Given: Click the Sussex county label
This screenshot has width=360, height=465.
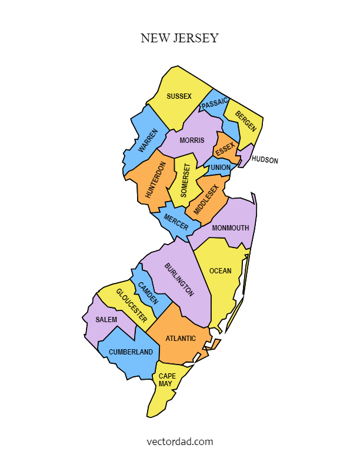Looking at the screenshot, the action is tap(179, 96).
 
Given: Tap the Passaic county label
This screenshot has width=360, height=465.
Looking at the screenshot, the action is tap(214, 104).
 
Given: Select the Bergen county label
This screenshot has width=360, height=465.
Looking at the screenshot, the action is tap(246, 121).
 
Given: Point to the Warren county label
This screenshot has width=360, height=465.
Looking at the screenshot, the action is tap(148, 141).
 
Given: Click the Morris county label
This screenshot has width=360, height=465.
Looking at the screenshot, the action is tap(192, 140).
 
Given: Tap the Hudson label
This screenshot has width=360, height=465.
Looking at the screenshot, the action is tap(265, 160).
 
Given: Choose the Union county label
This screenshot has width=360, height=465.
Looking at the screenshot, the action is tap(221, 168).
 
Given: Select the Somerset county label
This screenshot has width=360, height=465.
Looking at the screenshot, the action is tap(185, 180).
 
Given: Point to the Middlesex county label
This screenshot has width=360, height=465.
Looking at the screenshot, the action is tap(206, 199).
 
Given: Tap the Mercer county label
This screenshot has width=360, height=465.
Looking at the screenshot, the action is tap(176, 223).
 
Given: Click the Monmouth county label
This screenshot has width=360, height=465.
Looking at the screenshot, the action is tap(231, 228).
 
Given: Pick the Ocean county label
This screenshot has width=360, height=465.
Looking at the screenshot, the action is tap(221, 271).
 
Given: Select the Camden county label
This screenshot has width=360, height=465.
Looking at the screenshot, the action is tap(148, 293).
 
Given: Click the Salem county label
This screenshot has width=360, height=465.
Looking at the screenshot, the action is tap(106, 320).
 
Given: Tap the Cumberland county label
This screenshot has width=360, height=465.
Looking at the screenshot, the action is tap(131, 352).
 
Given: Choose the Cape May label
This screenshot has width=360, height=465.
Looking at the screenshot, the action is tap(166, 380).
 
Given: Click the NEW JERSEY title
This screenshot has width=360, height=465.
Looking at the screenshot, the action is tap(179, 38).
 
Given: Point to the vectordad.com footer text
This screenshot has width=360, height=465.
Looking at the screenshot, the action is tap(179, 441).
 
